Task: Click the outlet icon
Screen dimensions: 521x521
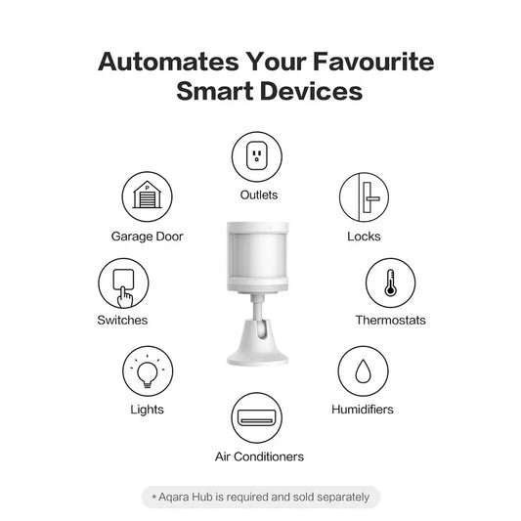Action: click(257, 156)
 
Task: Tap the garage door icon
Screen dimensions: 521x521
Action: click(148, 196)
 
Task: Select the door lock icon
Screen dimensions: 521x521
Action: click(365, 197)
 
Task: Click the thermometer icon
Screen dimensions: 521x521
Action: click(390, 283)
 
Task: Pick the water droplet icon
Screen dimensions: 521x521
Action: click(364, 371)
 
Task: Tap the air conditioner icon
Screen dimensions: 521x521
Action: click(256, 417)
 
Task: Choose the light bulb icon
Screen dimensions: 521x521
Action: click(148, 371)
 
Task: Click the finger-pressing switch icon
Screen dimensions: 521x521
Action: click(123, 283)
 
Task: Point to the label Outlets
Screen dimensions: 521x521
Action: click(259, 195)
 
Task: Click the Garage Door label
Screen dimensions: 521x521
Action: click(148, 237)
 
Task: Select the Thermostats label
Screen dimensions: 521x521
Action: click(390, 321)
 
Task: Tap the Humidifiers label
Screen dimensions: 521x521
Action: click(363, 410)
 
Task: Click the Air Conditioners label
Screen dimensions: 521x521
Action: click(259, 456)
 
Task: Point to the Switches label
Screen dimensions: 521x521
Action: click(122, 321)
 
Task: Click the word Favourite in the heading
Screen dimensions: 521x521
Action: click(373, 62)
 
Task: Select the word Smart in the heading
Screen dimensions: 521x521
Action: click(215, 91)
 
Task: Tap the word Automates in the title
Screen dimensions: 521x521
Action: click(168, 62)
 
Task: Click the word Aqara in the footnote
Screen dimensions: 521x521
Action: click(174, 498)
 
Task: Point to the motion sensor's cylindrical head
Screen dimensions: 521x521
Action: click(257, 257)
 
